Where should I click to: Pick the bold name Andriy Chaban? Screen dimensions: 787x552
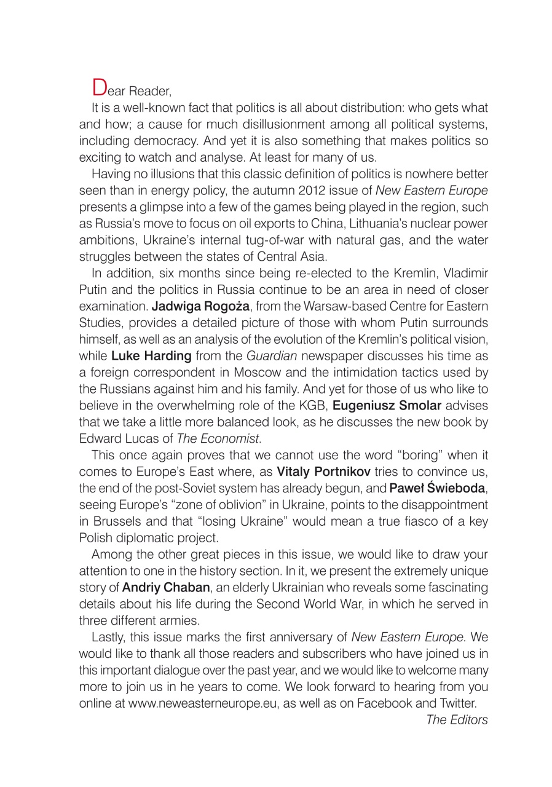tap(166, 588)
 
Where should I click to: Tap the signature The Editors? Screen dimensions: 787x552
tap(457, 720)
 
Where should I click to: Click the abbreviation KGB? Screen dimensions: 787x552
tap(291, 405)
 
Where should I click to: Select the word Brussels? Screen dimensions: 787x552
tap(112, 521)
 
